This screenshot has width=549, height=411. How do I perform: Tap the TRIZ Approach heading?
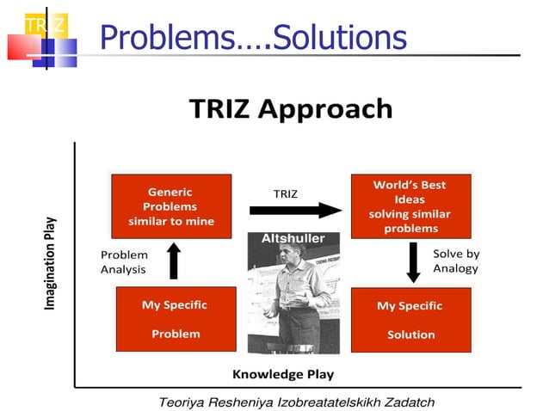click(x=291, y=109)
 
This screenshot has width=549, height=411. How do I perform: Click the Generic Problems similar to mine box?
click(x=171, y=206)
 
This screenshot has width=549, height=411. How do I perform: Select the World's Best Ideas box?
click(x=410, y=206)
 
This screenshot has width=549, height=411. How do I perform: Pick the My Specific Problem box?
click(x=176, y=319)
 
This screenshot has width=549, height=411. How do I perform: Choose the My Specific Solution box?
click(x=410, y=319)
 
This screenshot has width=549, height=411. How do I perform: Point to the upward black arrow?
click(x=174, y=261)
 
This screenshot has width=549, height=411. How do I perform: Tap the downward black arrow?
click(x=413, y=263)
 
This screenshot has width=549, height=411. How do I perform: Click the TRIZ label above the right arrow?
click(x=285, y=193)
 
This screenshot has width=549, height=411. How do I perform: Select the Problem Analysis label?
click(x=124, y=262)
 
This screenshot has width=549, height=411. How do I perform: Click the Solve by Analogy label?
click(x=455, y=261)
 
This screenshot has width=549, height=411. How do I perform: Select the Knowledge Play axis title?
click(x=283, y=374)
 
